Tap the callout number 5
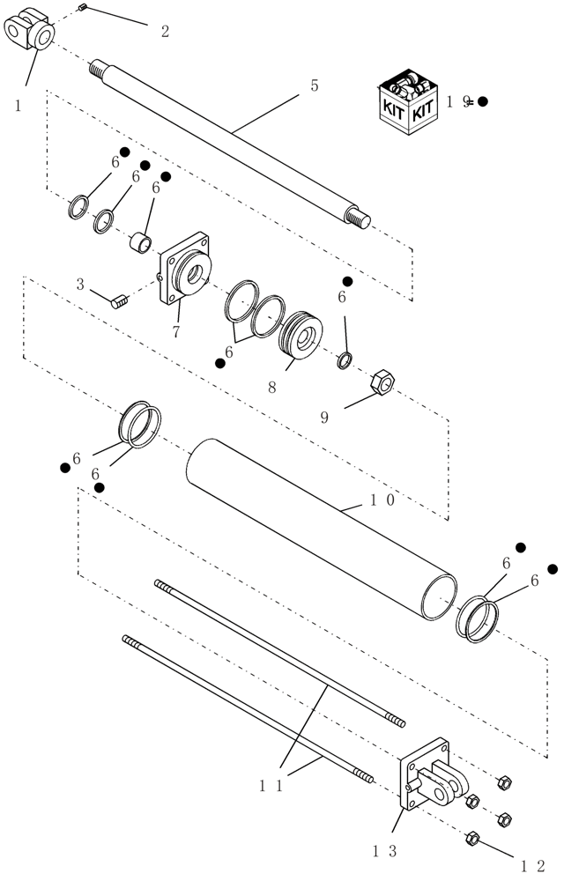315,85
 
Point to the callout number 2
165,32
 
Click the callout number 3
80,285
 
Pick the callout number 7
176,331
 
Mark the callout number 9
324,417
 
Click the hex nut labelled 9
384,381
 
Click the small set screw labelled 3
121,301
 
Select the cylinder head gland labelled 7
188,276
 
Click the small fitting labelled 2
81,7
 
